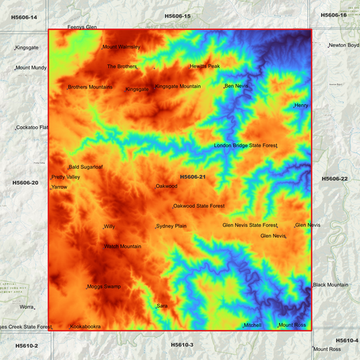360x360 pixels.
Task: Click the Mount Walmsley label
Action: (122, 47)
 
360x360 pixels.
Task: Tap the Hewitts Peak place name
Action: (205, 66)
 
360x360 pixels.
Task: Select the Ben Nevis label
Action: (236, 86)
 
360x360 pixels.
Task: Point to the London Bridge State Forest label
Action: (246, 145)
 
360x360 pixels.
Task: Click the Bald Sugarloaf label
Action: (86, 167)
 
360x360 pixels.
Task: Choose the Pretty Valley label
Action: (66, 177)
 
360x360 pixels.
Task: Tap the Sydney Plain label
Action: (172, 226)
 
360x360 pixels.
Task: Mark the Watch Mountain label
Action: (123, 247)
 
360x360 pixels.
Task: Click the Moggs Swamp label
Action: (104, 286)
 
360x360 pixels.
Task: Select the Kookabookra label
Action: (86, 326)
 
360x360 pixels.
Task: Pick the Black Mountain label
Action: (331, 285)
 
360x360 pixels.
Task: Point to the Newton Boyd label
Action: (344, 45)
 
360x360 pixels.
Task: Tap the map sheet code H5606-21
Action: (192, 177)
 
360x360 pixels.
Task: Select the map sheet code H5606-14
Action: (24, 17)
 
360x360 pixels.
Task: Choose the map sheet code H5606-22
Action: (335, 179)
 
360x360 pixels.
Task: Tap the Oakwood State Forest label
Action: (199, 206)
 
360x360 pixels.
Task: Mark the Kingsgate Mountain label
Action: (178, 86)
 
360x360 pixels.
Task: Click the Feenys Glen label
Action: (82, 27)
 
